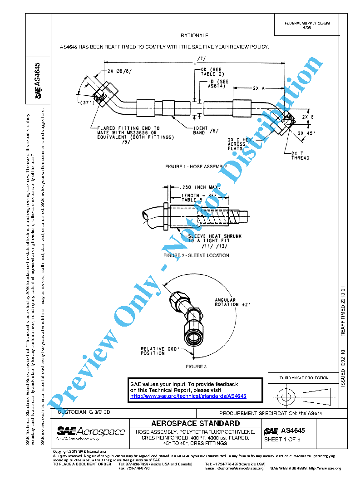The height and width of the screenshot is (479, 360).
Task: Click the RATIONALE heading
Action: (194, 35)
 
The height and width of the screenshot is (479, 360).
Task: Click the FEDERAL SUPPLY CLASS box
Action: (307, 25)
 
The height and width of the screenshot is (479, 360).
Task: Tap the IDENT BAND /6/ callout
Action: (203, 131)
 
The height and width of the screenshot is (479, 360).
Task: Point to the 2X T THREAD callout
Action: (300, 156)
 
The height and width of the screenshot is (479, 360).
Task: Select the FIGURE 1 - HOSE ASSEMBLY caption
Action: (196, 167)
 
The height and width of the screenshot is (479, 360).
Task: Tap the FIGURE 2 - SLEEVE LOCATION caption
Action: (196, 255)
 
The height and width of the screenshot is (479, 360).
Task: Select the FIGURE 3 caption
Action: (196, 366)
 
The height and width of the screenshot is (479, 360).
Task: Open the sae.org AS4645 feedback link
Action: (188, 396)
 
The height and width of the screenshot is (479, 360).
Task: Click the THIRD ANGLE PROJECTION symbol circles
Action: (286, 397)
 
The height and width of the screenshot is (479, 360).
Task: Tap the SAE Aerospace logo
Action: (91, 432)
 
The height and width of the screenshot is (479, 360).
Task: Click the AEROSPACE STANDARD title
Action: (195, 423)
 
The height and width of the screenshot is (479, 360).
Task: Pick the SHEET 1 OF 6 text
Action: (282, 440)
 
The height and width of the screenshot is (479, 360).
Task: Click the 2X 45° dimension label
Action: (306, 133)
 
